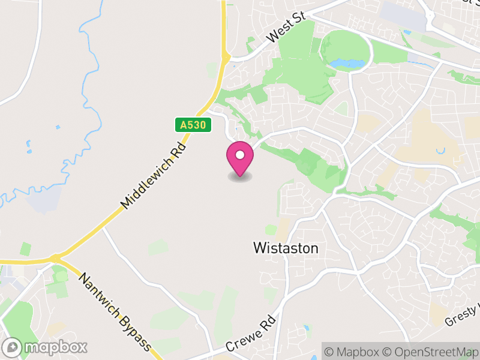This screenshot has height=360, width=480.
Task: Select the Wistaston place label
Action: [286, 248]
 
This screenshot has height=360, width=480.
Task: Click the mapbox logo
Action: [46, 347]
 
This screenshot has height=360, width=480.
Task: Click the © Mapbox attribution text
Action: [353, 351]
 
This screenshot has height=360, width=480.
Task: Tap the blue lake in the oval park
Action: [346, 62]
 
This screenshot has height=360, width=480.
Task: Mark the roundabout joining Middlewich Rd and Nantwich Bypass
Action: [56, 259]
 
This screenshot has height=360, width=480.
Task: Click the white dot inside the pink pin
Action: [240, 155]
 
